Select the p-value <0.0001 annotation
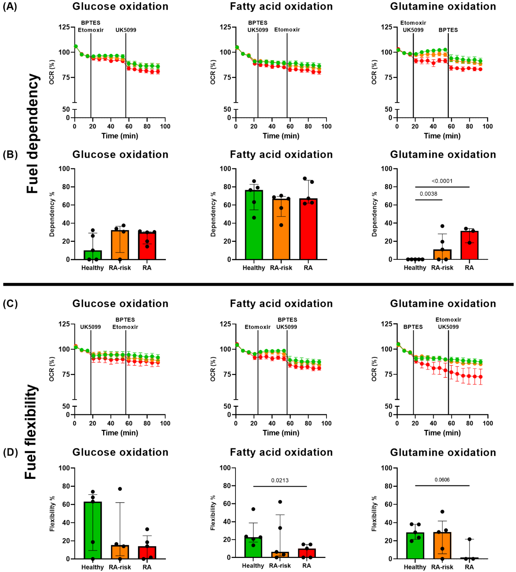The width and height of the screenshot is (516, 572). pyautogui.click(x=442, y=181)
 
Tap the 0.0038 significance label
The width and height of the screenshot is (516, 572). pyautogui.click(x=428, y=194)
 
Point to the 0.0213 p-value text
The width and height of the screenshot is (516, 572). pyautogui.click(x=280, y=480)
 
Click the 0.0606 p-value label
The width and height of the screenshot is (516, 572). pyautogui.click(x=442, y=480)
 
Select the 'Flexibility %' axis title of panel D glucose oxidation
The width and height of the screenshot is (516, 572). pyautogui.click(x=52, y=513)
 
